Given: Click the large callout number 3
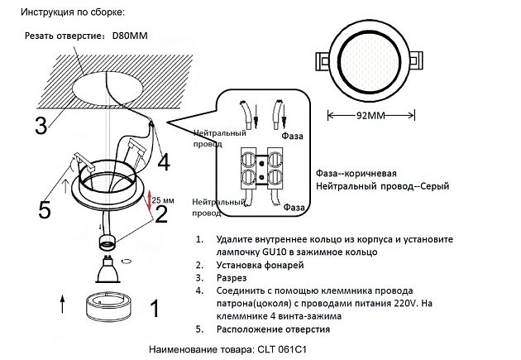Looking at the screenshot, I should click(x=40, y=126).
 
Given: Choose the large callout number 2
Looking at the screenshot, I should click(x=161, y=214).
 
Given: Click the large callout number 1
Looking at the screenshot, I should click(x=152, y=310).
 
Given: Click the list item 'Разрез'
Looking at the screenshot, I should click(x=232, y=278).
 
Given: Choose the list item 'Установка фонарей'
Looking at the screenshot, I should click(x=257, y=265).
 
